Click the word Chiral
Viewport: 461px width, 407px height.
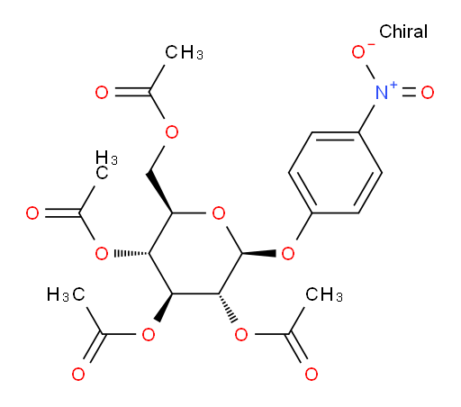pyautogui.click(x=403, y=32)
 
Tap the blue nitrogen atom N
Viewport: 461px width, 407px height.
pyautogui.click(x=382, y=92)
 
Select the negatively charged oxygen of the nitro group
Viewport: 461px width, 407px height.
pyautogui.click(x=358, y=52)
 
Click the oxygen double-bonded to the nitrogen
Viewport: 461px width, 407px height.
pyautogui.click(x=428, y=92)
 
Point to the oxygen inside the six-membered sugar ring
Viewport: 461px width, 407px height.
pyautogui.click(x=219, y=213)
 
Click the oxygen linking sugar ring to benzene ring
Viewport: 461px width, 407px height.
pyautogui.click(x=288, y=254)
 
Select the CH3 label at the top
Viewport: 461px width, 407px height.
pyautogui.click(x=184, y=52)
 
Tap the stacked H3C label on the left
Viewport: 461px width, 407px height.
pyautogui.click(x=106, y=165)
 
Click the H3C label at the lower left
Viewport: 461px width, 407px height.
pyautogui.click(x=66, y=294)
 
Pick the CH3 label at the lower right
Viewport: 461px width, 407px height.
pyautogui.click(x=324, y=294)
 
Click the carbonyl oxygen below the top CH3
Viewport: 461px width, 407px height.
pyautogui.click(x=102, y=92)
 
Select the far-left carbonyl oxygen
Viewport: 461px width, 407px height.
pyautogui.click(x=32, y=213)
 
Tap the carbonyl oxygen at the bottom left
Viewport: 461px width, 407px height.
pyautogui.click(x=78, y=375)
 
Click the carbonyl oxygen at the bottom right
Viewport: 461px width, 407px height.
pyautogui.click(x=312, y=375)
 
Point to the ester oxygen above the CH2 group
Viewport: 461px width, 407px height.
pyautogui.click(x=172, y=132)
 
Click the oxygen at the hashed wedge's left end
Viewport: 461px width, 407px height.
pyautogui.click(x=102, y=254)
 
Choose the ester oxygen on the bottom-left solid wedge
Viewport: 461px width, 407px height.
pyautogui.click(x=149, y=334)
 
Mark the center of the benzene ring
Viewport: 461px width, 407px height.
pyautogui.click(x=335, y=173)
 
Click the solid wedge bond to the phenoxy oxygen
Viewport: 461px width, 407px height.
pyautogui.click(x=258, y=254)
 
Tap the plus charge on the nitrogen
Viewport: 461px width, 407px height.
pyautogui.click(x=393, y=85)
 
